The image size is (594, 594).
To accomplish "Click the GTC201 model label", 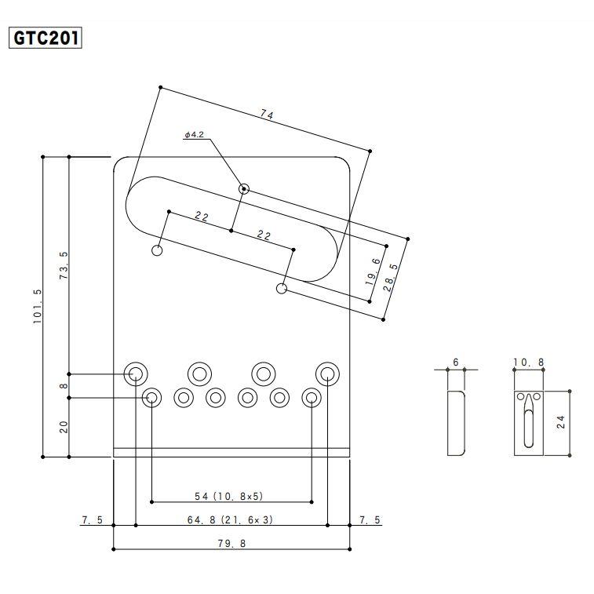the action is [45, 38].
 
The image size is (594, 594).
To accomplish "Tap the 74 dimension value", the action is [267, 115].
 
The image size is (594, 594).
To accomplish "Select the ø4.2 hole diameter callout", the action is [195, 134].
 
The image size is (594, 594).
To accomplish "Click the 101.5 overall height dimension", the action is [38, 306].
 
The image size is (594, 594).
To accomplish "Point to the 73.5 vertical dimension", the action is [64, 265].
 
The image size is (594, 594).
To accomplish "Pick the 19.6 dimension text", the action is [374, 271].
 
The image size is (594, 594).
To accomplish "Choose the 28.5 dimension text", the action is [391, 277].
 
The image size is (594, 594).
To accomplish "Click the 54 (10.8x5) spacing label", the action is [229, 496].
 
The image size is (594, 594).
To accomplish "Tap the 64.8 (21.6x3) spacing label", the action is [230, 519].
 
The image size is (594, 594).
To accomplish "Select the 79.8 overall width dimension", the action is [231, 544].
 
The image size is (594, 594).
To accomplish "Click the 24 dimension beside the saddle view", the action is [561, 421].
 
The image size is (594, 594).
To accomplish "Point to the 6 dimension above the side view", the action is [456, 363].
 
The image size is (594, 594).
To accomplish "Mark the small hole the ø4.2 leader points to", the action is [243, 188].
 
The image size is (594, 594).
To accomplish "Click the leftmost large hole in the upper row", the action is [135, 374].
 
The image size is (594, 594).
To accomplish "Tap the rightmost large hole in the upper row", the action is [327, 374].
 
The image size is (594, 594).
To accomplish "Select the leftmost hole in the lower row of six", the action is [151, 397].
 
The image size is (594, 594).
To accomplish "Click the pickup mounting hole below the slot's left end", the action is [157, 250].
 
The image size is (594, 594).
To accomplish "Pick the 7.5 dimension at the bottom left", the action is [93, 519].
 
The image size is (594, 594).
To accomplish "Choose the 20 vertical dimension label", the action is [64, 427].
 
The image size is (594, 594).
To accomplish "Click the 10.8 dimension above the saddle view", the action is [528, 363].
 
